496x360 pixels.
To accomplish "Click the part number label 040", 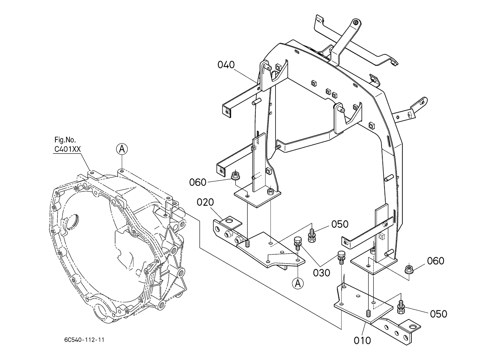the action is [226, 65].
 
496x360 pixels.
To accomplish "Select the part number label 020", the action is [205, 202].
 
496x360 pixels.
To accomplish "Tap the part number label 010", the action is [362, 341].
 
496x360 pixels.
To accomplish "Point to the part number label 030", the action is [322, 273].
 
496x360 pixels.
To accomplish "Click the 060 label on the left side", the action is [198, 182].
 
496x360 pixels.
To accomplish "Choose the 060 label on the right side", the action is [436, 261].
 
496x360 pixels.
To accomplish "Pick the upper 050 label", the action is [340, 224].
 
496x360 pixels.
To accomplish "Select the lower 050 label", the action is [439, 314].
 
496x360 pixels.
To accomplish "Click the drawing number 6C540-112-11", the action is [84, 340].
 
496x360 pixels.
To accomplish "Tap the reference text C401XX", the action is [68, 149].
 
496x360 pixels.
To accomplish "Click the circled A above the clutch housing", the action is [122, 149].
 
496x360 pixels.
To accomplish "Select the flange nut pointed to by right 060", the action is [408, 269].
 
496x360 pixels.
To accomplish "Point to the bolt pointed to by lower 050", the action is [401, 307].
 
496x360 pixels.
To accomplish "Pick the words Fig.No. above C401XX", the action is [65, 140].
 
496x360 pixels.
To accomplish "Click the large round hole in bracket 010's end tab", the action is [413, 326].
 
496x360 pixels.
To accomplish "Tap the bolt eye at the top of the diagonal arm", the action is [355, 22].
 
